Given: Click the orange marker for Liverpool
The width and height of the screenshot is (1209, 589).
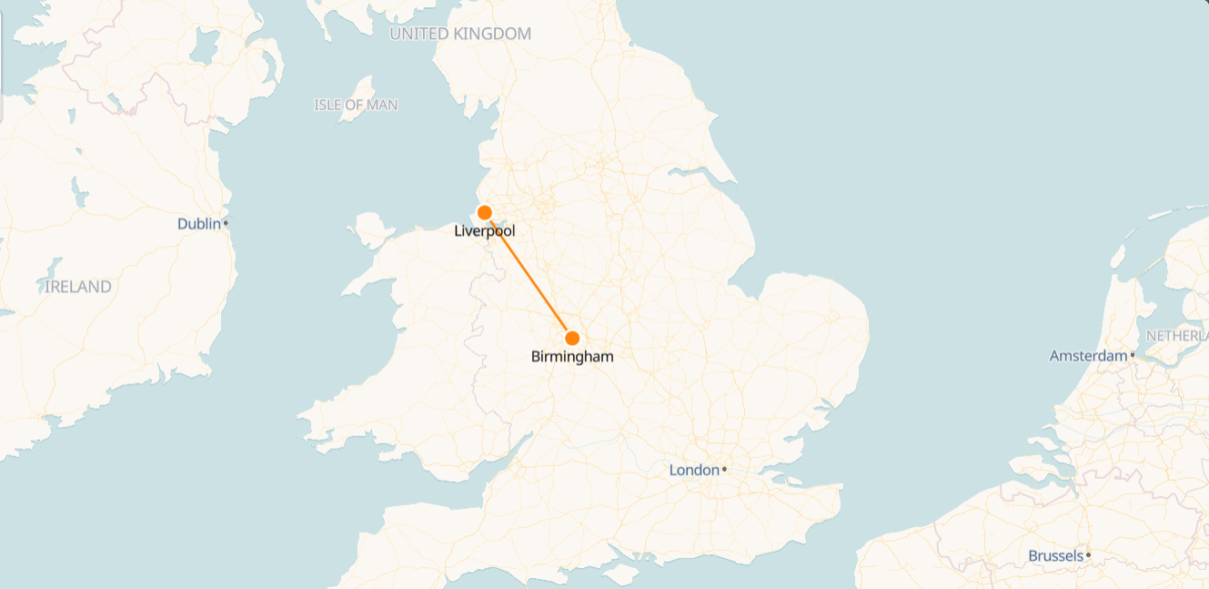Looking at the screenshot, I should click(485, 212).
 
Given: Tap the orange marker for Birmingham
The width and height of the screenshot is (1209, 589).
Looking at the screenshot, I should click(572, 338).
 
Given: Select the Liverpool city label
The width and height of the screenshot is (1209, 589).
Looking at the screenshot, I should click(485, 231).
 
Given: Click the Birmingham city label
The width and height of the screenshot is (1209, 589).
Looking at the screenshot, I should click(572, 357).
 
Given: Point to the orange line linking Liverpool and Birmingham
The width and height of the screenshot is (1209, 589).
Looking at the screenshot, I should click(529, 275).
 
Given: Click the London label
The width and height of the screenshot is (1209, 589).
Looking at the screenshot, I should click(694, 470).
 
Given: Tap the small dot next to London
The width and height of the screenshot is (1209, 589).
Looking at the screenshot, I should click(724, 470).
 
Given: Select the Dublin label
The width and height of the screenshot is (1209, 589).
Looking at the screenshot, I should click(199, 223).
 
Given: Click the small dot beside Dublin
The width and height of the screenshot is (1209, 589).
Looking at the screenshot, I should click(226, 222).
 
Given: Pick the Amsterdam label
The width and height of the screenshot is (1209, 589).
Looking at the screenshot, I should click(1088, 356).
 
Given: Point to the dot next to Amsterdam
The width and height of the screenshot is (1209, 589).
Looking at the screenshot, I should click(1133, 354).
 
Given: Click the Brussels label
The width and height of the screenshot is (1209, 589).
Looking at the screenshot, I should click(1055, 555).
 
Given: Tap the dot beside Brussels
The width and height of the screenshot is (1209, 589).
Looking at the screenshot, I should click(1088, 554).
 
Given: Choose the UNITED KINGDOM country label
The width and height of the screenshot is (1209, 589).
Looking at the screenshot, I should click(460, 34).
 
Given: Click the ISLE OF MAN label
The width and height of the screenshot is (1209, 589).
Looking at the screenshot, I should click(356, 105).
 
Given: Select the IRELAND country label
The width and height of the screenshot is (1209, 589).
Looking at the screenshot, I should click(78, 287).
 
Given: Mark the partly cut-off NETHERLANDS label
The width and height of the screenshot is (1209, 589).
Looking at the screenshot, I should click(1177, 336).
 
